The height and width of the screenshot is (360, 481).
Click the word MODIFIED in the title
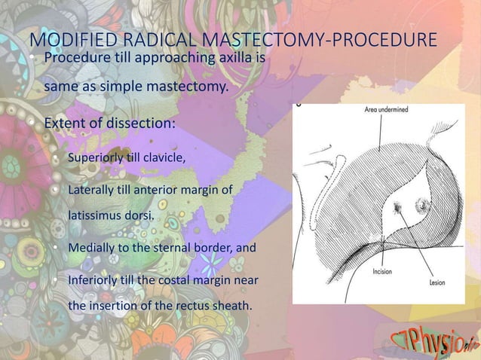point(66,39)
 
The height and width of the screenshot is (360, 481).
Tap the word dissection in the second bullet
point(140,122)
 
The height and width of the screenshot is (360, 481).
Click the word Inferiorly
point(95,281)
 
